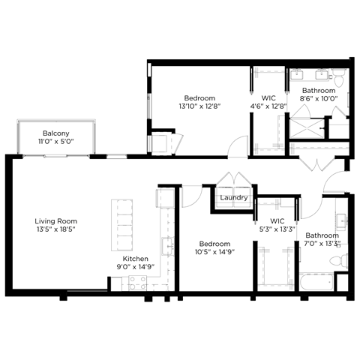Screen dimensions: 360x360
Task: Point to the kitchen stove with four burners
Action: [137, 283]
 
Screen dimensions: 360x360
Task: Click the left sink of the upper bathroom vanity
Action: [298, 75]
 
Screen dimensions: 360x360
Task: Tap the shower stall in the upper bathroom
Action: [307, 124]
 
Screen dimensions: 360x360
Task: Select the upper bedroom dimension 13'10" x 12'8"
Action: [199, 107]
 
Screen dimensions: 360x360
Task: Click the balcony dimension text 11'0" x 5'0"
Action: [55, 141]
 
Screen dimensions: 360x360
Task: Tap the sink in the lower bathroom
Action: [342, 221]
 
